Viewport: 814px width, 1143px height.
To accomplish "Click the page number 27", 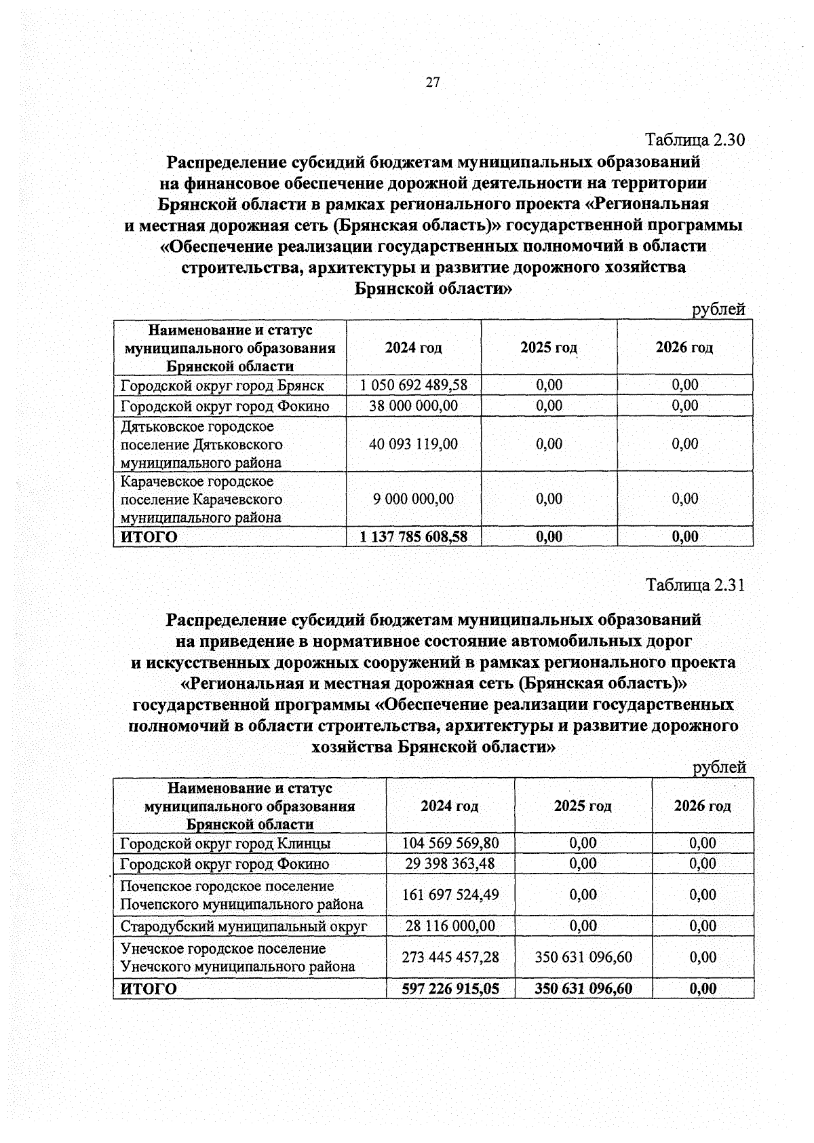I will pos(433,83).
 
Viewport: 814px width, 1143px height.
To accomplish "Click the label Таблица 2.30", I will pos(695,140).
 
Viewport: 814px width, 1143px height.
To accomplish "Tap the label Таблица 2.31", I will pos(695,585).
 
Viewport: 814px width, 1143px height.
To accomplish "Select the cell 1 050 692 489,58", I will pos(413,385).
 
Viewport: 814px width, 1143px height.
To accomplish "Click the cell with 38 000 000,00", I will pos(413,406).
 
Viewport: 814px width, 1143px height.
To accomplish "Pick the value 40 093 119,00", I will pos(413,444).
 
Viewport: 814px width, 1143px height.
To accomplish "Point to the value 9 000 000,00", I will pos(413,499).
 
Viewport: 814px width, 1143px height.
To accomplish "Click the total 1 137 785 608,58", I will pos(413,537).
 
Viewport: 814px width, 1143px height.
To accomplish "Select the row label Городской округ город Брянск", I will pos(222,386).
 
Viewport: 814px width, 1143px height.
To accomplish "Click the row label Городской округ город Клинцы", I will pos(225,844).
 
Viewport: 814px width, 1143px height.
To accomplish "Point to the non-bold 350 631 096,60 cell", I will pos(583,957).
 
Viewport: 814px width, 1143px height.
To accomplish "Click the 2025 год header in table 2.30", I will pos(549,348).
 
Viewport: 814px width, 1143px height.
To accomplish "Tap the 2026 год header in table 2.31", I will pos(702,806).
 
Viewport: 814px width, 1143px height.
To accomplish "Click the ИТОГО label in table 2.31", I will pos(149,989).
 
